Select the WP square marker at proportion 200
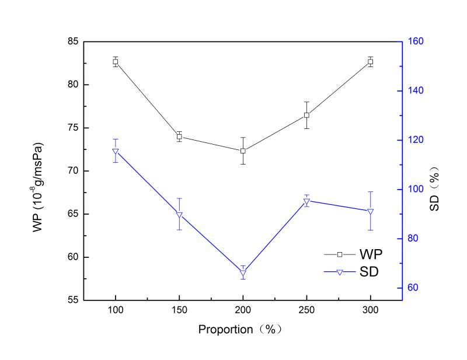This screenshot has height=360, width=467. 243,151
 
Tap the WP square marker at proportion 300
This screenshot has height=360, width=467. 370,61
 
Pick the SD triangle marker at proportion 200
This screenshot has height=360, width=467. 243,273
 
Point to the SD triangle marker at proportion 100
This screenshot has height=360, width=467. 116,152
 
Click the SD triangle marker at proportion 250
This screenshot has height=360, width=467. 306,202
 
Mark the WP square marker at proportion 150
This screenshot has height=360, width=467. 179,137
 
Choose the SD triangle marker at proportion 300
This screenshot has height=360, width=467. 370,211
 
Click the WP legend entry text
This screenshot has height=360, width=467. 371,254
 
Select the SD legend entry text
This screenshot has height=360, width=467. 371,271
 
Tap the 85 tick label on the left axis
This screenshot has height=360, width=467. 74,41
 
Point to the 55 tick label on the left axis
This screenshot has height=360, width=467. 74,300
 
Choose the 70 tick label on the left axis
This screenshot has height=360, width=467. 74,171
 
